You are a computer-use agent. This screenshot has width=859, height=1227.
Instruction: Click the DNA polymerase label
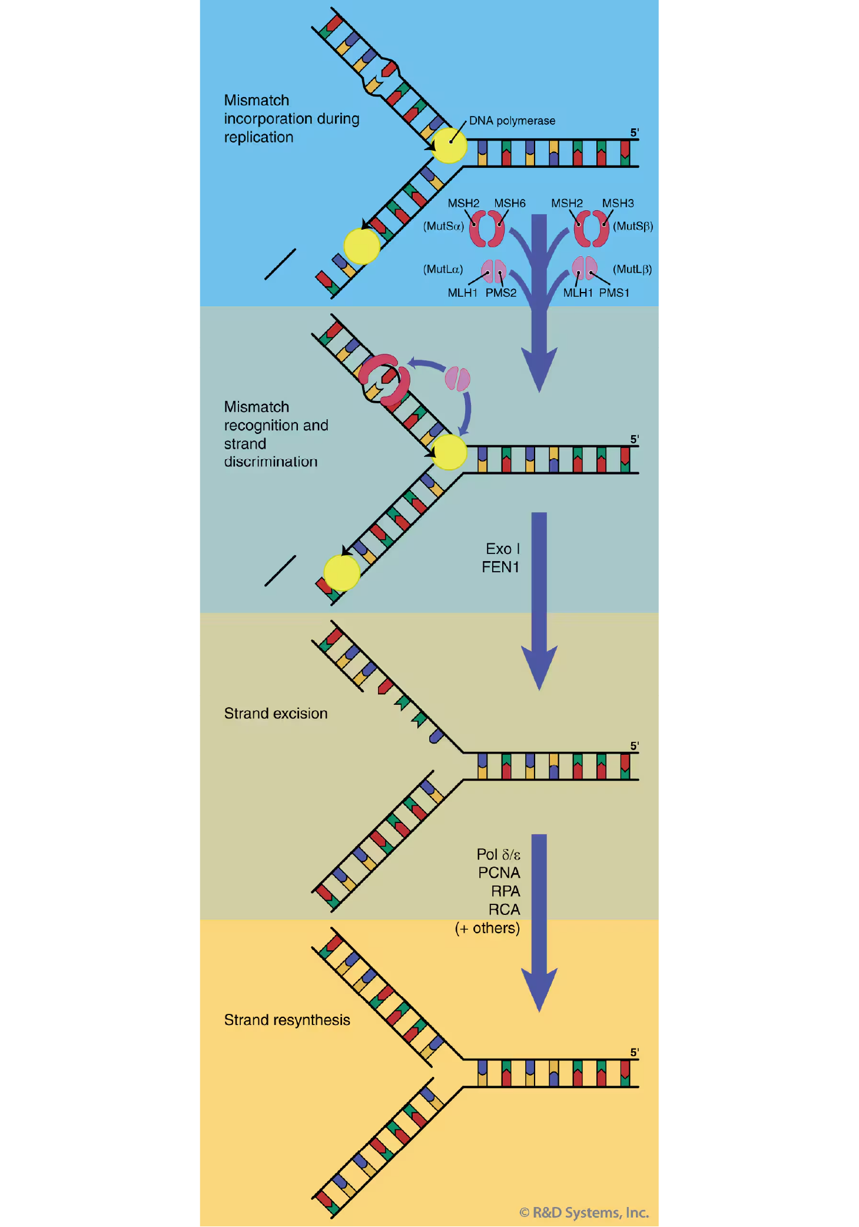click(x=512, y=121)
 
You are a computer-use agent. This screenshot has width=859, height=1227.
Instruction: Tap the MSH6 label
click(x=509, y=203)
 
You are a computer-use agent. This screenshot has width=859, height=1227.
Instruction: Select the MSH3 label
click(x=618, y=203)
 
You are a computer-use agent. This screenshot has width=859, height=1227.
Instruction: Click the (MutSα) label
click(x=443, y=226)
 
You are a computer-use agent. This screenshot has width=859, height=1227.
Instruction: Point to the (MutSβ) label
click(x=633, y=226)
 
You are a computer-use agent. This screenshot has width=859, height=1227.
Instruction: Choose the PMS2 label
click(x=500, y=293)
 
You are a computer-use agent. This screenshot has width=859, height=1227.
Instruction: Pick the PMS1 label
click(x=614, y=293)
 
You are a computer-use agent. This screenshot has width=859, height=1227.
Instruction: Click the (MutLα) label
click(x=443, y=269)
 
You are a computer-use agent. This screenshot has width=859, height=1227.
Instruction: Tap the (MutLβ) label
click(x=632, y=269)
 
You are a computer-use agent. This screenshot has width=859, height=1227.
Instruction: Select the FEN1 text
click(x=500, y=567)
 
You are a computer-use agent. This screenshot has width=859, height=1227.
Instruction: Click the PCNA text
click(x=499, y=873)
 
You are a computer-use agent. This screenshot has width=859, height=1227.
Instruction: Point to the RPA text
click(x=505, y=891)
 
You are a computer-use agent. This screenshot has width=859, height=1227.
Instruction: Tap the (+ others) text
click(x=487, y=928)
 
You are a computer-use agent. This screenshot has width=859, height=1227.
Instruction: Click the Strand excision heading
click(x=276, y=714)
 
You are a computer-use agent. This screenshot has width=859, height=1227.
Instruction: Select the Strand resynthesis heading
click(x=287, y=1020)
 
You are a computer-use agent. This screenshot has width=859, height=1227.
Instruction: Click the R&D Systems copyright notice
click(x=584, y=1212)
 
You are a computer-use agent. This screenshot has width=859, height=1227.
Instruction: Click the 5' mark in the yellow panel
click(x=634, y=1052)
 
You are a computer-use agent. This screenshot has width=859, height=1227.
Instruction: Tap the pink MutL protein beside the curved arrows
click(x=457, y=379)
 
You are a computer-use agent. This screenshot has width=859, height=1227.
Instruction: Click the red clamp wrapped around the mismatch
click(x=384, y=380)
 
